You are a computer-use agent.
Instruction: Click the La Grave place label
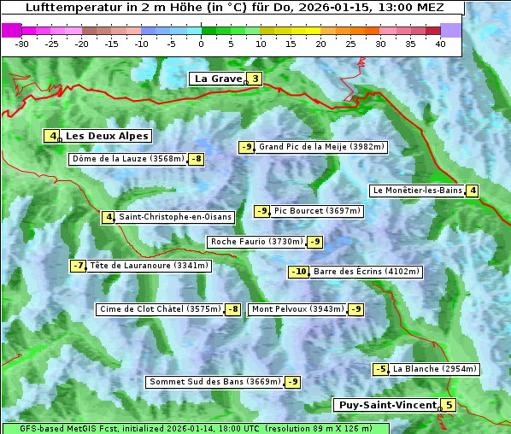point(218,79)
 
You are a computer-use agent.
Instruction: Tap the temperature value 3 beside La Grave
point(255,79)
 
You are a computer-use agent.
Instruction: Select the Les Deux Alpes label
point(107,136)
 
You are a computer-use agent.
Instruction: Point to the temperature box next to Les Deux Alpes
point(53,136)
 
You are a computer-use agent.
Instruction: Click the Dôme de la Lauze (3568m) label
point(128,159)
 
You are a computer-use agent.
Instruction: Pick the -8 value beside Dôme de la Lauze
point(197,159)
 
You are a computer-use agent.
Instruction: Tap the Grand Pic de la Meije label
point(321,147)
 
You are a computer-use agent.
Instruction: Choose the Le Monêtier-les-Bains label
point(417,191)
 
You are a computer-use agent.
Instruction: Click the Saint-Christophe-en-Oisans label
point(175,217)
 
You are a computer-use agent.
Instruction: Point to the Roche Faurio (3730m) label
point(256,242)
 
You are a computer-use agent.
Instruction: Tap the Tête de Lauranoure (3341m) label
point(149,266)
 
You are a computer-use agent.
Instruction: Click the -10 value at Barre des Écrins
point(298,272)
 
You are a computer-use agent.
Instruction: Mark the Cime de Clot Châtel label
point(160,309)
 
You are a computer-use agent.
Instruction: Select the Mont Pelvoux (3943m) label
point(297,309)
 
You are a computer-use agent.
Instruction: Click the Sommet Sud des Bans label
point(214,382)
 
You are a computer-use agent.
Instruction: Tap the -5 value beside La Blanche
point(380,369)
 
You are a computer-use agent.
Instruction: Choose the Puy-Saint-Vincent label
point(386,405)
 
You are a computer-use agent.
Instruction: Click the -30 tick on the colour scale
point(23,43)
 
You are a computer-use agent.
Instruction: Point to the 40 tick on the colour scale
point(440,43)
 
